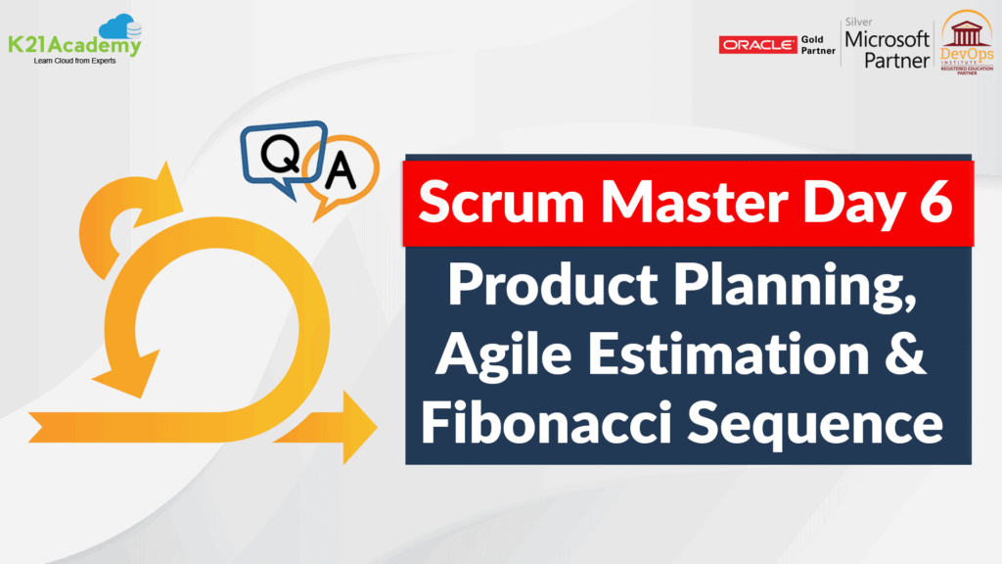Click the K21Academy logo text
click(x=74, y=45)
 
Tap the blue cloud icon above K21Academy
click(x=123, y=24)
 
